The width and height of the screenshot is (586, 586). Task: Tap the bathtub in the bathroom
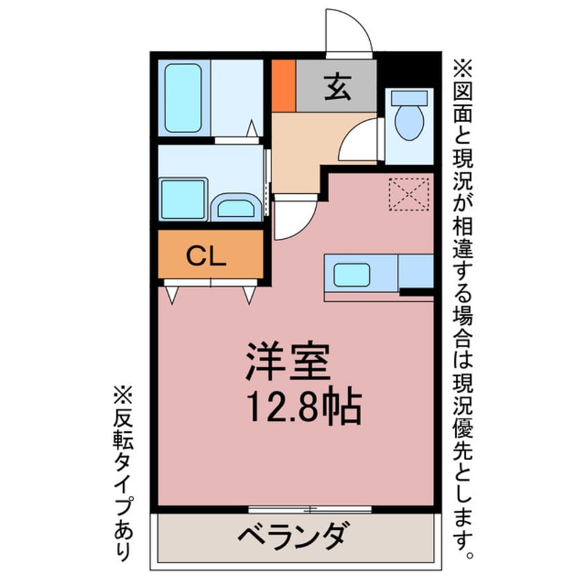(183, 98)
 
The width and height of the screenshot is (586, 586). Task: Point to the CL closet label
(206, 256)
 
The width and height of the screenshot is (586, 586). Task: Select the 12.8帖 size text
(303, 408)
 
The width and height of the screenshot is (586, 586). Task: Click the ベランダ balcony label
(292, 538)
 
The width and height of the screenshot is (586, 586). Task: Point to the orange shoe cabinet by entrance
(283, 86)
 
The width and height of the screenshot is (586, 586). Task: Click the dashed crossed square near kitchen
(409, 193)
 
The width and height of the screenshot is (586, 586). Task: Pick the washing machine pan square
(183, 199)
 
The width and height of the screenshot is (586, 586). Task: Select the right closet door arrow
(249, 293)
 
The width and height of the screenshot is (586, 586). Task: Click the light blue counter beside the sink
(416, 271)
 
